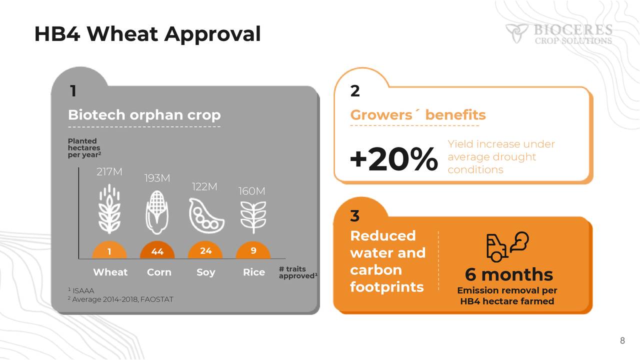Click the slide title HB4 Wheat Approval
click(x=147, y=34)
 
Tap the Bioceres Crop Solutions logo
click(x=558, y=33)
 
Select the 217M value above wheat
click(x=109, y=172)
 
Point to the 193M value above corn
click(x=157, y=178)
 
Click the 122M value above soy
click(x=204, y=186)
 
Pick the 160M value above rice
click(x=251, y=191)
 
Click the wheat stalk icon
click(x=110, y=208)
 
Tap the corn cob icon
click(x=157, y=213)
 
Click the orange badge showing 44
click(x=157, y=251)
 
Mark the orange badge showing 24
click(x=205, y=251)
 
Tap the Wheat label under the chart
click(x=110, y=272)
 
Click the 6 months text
click(x=508, y=274)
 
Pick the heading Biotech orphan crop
click(x=144, y=115)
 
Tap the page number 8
click(x=622, y=341)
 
